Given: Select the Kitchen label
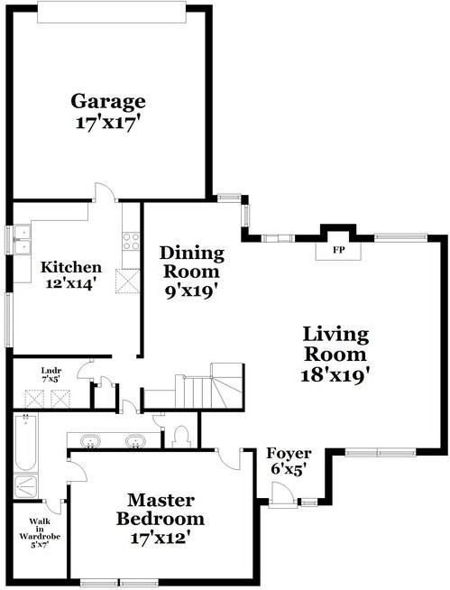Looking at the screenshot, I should (x=70, y=267).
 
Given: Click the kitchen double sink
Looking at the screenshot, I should (x=21, y=242).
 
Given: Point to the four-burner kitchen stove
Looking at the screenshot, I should (x=131, y=242).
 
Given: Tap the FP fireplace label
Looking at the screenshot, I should (x=339, y=249).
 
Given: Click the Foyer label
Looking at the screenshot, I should (x=289, y=453).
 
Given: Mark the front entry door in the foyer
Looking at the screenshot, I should (x=281, y=492).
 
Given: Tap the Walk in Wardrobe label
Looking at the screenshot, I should (x=40, y=532).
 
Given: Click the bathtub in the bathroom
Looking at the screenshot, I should (x=26, y=444).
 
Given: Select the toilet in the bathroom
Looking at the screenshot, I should (x=179, y=437).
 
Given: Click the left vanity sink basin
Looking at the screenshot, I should (x=91, y=442).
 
